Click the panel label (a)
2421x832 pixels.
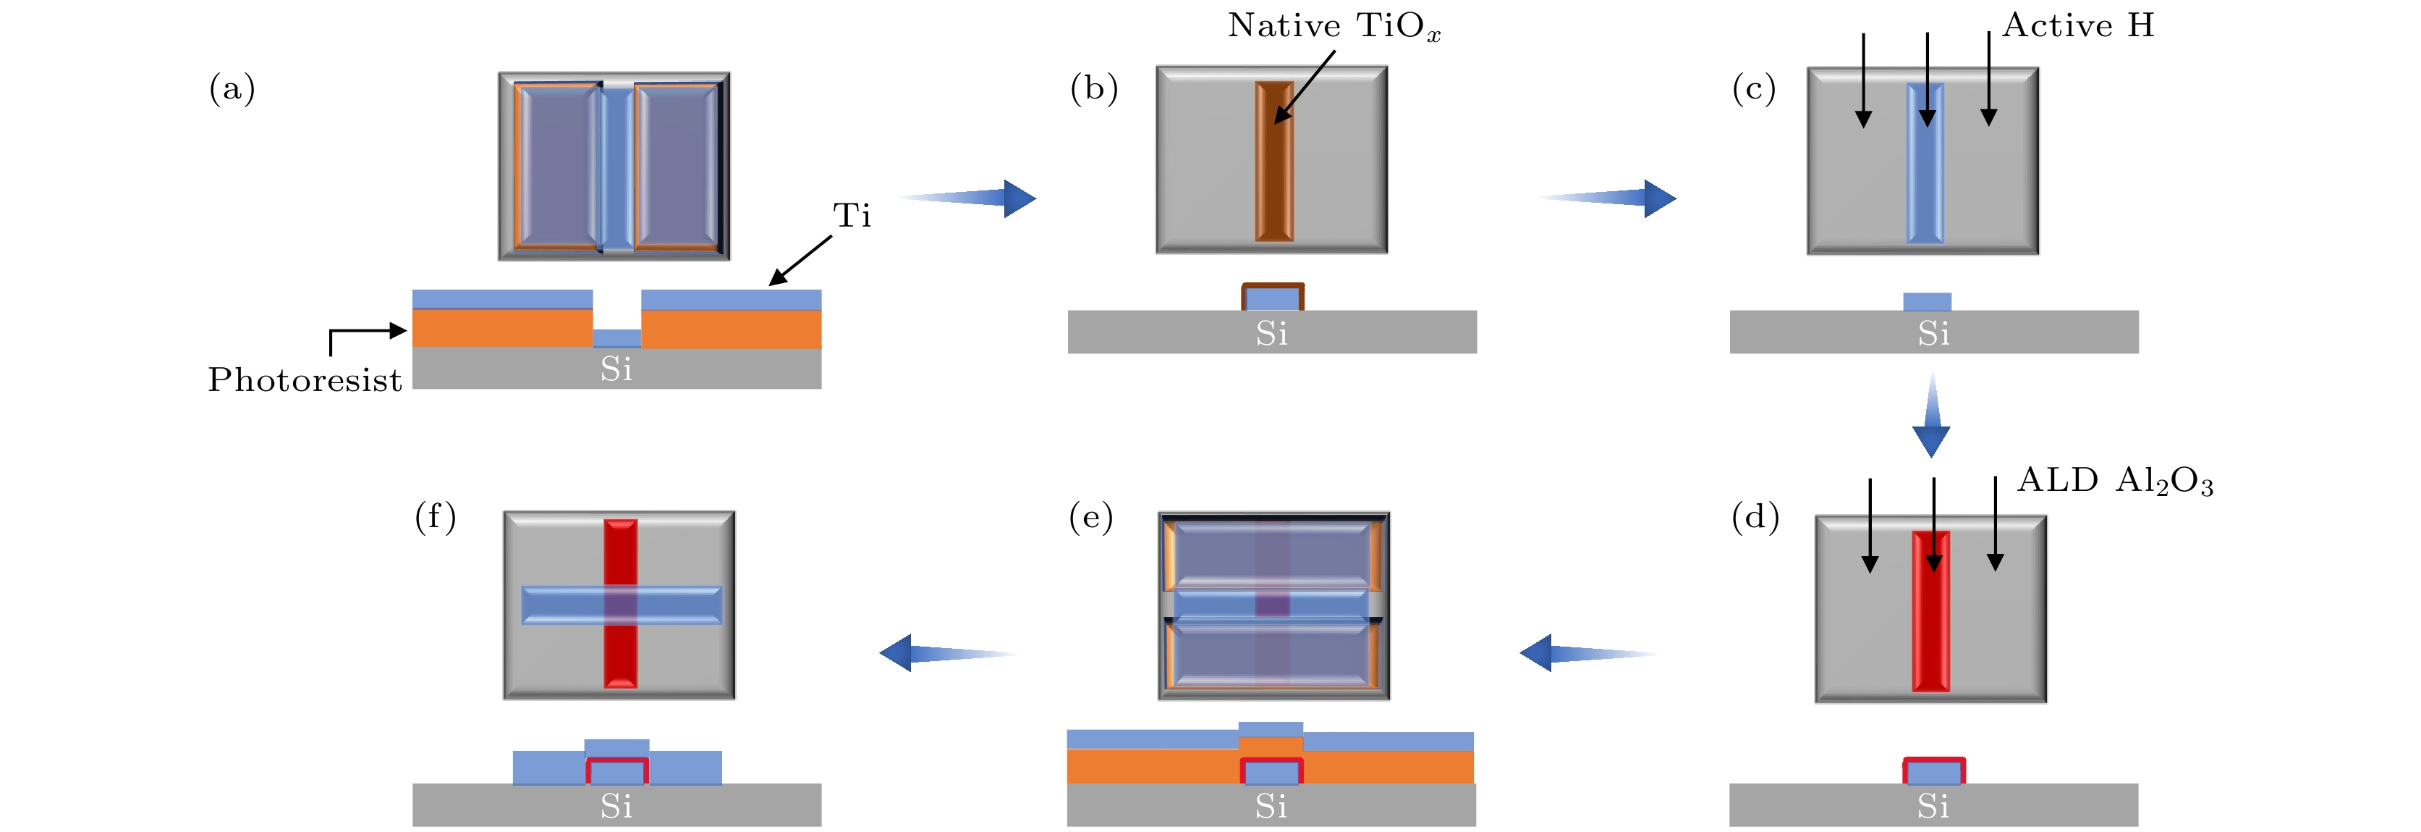point(232,88)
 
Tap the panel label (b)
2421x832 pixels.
point(1094,88)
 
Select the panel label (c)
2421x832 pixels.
point(1754,88)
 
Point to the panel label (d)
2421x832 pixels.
point(1755,517)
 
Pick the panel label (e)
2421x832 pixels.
point(1091,517)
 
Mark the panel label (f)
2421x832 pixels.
point(435,517)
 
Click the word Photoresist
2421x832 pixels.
point(305,380)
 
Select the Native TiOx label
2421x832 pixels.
point(1334,26)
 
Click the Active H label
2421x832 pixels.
point(2078,25)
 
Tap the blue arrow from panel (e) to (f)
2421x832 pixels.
point(944,652)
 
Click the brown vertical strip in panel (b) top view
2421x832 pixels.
point(1274,161)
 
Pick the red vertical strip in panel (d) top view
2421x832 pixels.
point(1930,611)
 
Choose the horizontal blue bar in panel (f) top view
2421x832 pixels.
point(622,605)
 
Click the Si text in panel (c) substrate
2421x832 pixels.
point(1933,334)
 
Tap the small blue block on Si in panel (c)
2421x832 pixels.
point(1927,301)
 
